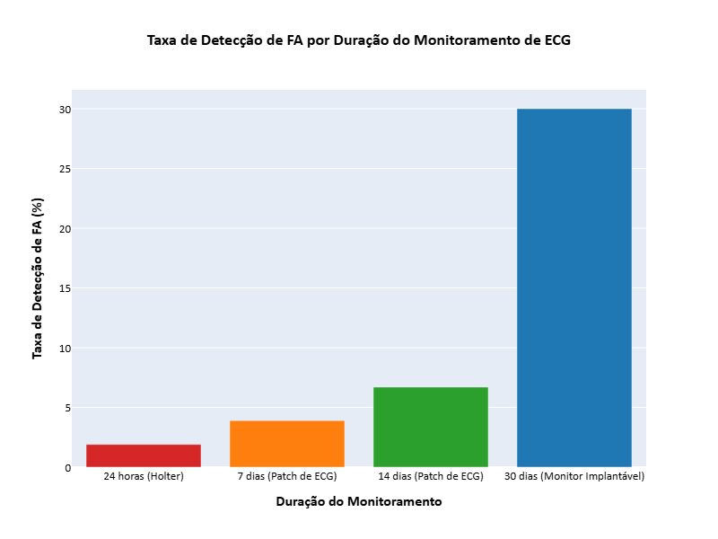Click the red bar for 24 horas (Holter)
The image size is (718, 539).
[144, 455]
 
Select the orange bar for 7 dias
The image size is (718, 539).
[287, 444]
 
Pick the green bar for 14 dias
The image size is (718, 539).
[431, 427]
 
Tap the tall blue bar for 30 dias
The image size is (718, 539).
[574, 287]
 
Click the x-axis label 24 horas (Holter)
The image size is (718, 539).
[144, 476]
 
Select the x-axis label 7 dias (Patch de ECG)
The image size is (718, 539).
[287, 476]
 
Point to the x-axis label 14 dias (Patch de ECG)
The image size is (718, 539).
[431, 476]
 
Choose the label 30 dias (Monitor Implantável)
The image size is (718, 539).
[574, 476]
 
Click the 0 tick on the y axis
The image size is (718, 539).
[67, 468]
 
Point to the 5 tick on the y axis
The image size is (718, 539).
[67, 408]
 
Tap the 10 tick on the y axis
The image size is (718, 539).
[65, 349]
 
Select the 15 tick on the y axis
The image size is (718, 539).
[65, 288]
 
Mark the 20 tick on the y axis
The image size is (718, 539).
[65, 229]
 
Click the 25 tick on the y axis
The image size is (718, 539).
[65, 169]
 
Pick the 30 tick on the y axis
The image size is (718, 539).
[65, 110]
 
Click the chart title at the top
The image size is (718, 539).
[359, 40]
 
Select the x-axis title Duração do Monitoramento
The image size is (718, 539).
[359, 502]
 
